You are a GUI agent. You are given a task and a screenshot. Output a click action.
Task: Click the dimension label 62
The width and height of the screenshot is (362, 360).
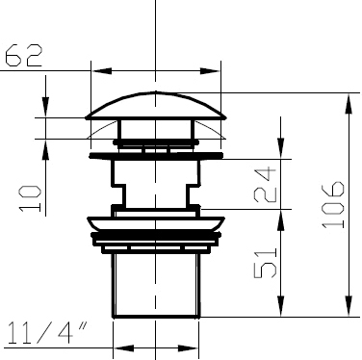tap(24, 56)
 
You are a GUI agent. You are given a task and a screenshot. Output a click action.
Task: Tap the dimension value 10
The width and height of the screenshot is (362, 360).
tap(30, 198)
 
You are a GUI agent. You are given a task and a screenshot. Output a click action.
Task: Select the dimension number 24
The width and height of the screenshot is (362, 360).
tap(265, 185)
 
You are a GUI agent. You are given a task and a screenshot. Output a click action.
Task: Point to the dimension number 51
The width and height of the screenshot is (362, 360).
tap(265, 263)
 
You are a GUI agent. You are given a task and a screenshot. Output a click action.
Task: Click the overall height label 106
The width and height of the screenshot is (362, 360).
tap(333, 205)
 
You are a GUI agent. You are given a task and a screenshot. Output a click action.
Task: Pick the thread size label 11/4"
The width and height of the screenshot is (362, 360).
tap(47, 333)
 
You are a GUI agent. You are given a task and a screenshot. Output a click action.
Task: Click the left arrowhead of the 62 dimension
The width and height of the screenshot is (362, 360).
tap(101, 71)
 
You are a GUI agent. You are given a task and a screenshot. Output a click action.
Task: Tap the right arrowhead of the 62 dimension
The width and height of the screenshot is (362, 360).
tap(210, 71)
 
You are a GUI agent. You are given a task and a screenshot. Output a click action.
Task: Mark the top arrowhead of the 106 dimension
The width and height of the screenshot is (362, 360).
tap(349, 103)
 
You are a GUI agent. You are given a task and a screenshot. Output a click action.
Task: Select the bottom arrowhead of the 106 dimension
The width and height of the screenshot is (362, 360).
tap(349, 306)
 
